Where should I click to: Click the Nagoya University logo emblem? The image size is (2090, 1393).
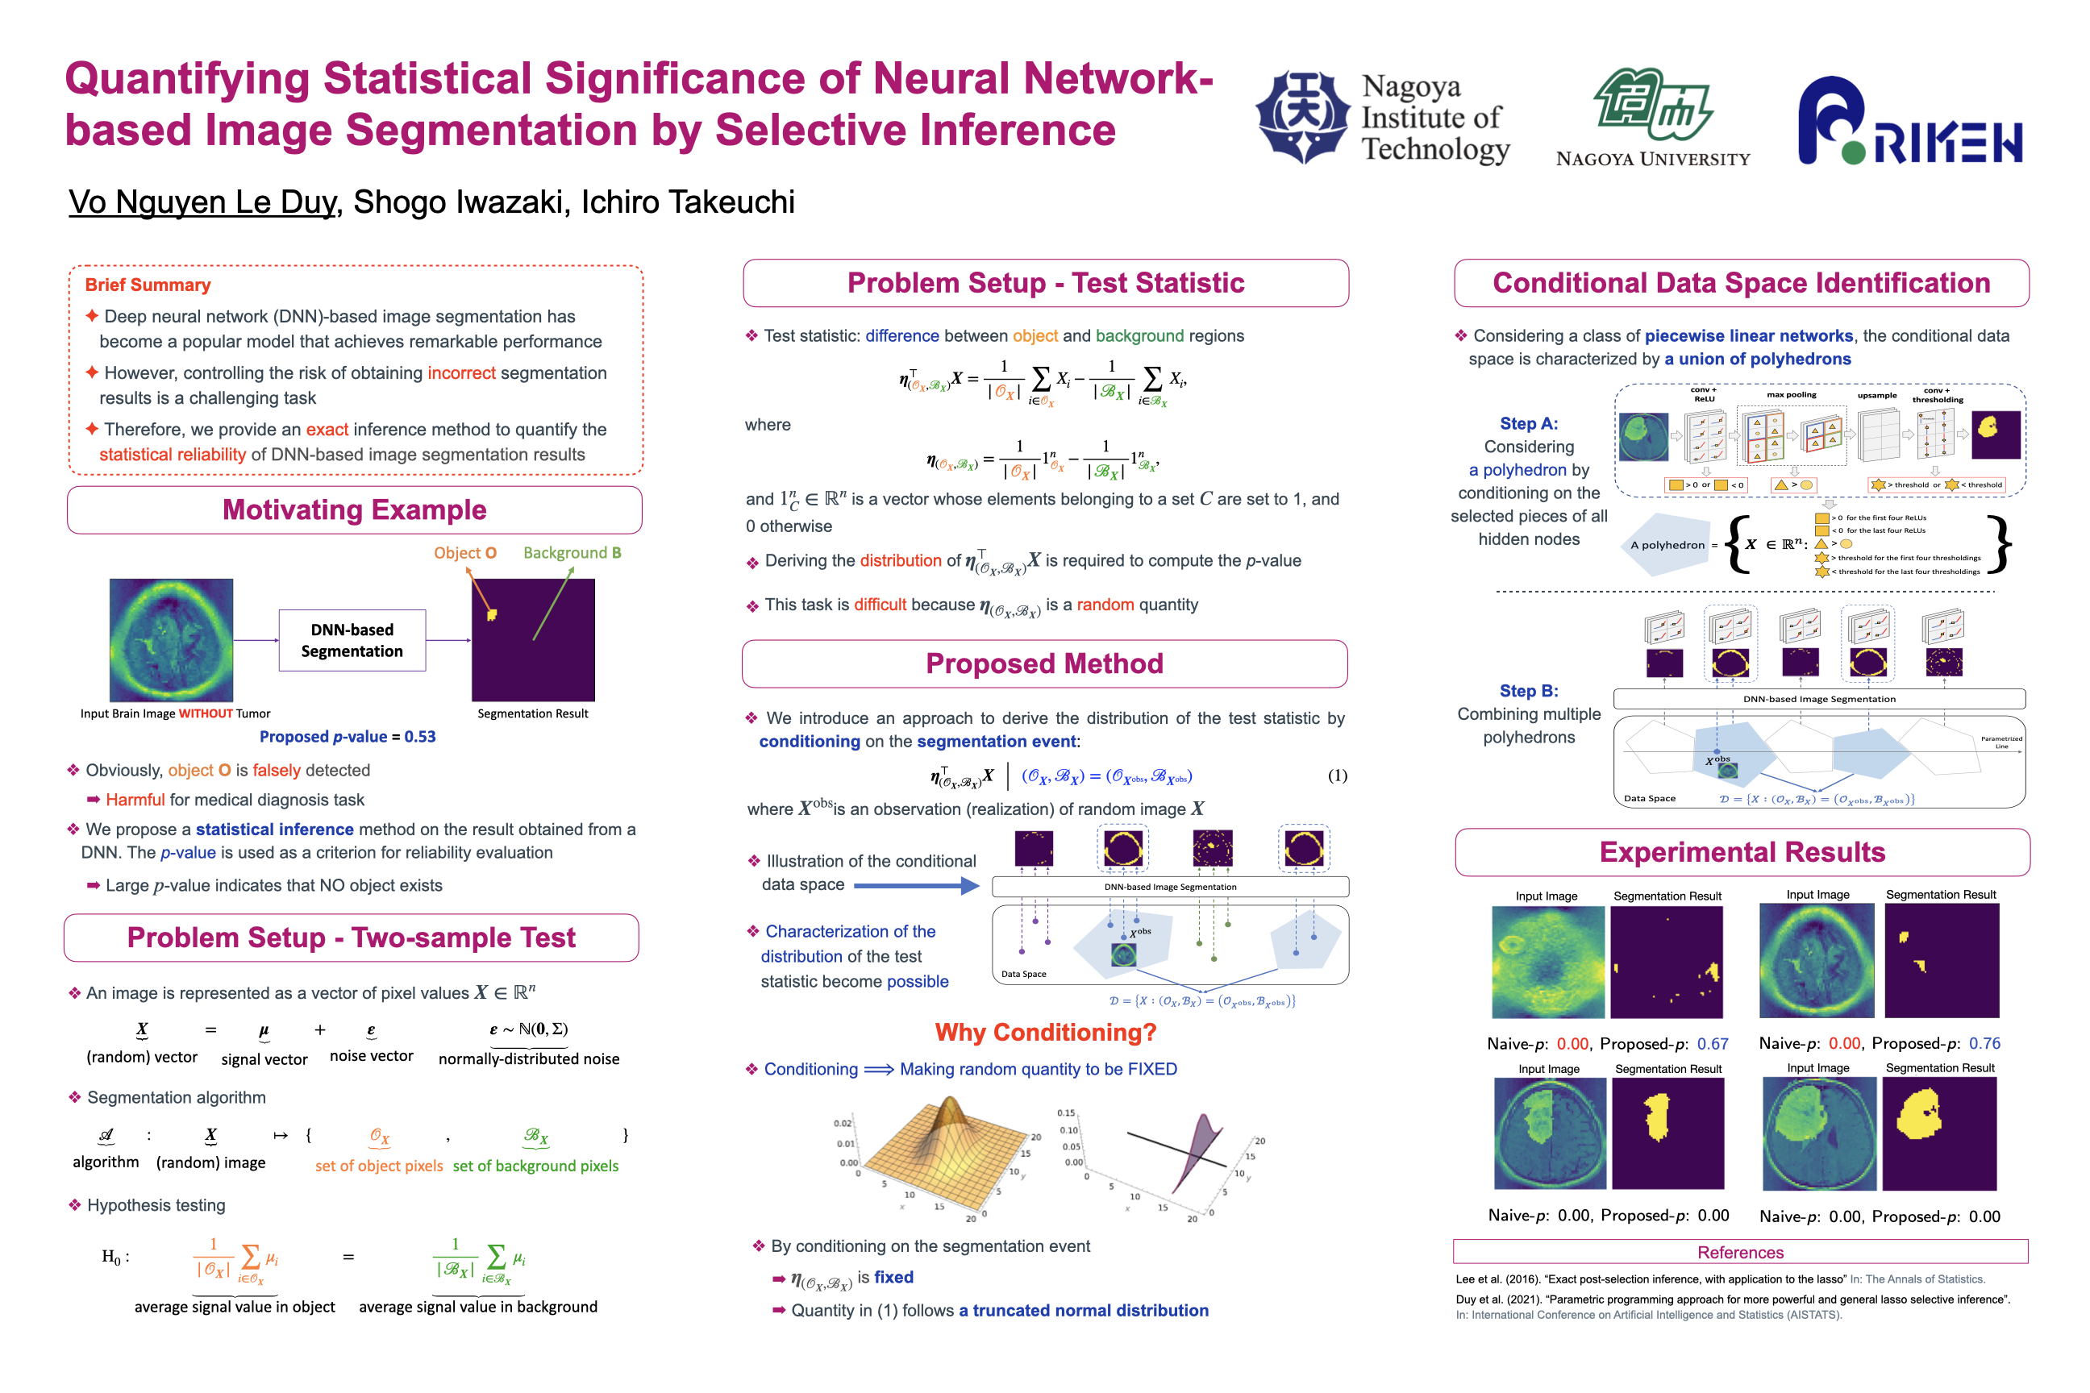(x=1653, y=104)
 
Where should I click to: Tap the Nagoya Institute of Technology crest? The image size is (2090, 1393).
(x=1303, y=116)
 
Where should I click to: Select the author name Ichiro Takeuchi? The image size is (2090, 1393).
(x=688, y=202)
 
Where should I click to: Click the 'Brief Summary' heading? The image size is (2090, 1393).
(x=148, y=285)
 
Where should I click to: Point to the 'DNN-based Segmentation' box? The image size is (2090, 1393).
(x=352, y=641)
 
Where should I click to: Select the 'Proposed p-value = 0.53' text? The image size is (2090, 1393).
(x=348, y=737)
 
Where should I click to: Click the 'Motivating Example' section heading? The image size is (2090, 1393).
(x=354, y=510)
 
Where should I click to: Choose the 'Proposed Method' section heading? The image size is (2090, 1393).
(x=1044, y=663)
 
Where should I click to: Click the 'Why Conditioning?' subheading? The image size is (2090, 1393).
(x=1045, y=1033)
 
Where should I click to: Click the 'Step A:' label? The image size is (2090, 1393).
(x=1529, y=424)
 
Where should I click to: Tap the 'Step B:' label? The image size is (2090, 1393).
(x=1529, y=691)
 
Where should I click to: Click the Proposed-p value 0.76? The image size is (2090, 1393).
(x=1984, y=1043)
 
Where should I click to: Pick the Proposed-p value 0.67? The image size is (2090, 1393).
(x=1713, y=1044)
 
